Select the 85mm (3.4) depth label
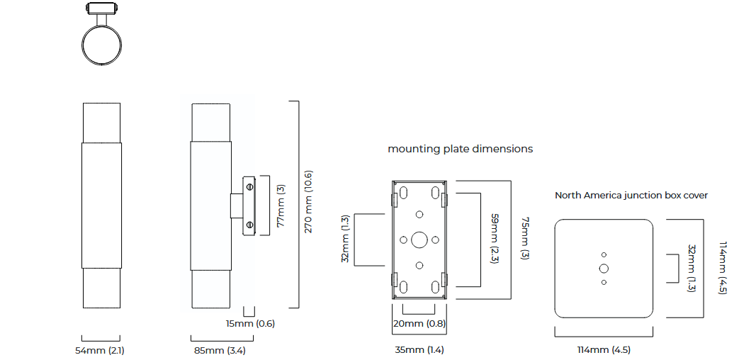click(x=219, y=350)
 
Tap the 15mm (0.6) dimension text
click(x=250, y=324)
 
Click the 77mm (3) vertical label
click(x=281, y=206)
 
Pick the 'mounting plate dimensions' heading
click(x=460, y=149)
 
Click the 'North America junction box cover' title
click(x=631, y=195)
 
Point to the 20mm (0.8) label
click(x=418, y=324)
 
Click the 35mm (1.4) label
click(x=419, y=350)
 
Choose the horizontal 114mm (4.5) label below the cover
click(x=603, y=350)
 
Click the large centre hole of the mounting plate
click(x=419, y=240)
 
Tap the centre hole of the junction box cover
click(x=604, y=269)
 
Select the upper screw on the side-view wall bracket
click(x=249, y=186)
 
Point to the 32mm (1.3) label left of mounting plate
click(x=346, y=239)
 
